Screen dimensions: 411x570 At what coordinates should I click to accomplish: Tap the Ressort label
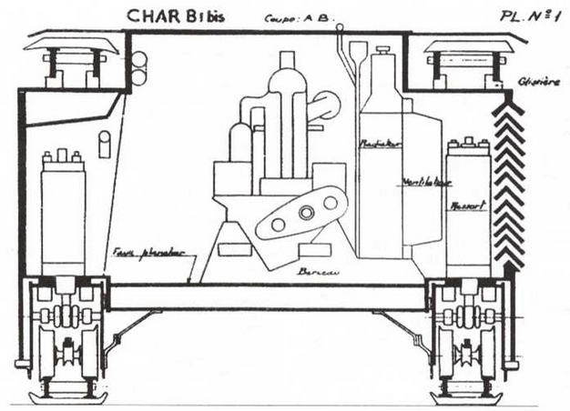[467, 205]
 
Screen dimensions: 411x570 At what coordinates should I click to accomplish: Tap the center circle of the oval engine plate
[305, 212]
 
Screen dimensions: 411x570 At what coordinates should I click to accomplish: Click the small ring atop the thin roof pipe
[339, 28]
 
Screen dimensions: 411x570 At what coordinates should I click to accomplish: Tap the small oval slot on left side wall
[104, 144]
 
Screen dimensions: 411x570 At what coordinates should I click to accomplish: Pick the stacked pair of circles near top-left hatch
[138, 68]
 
